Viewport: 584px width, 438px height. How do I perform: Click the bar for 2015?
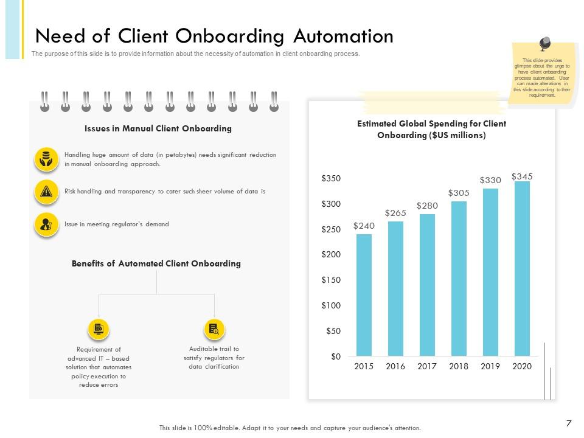tap(364, 295)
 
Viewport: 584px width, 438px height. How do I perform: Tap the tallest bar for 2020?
tap(522, 268)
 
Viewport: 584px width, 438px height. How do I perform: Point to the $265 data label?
tap(395, 213)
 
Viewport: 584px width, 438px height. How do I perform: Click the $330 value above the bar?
tap(490, 180)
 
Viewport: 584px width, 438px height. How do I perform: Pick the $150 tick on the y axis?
tap(331, 280)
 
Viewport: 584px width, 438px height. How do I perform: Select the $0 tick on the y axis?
tap(336, 356)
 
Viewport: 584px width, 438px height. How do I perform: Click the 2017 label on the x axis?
tap(427, 366)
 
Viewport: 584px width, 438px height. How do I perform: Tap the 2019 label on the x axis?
tap(490, 366)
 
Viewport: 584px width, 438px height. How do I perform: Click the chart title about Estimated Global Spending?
tap(431, 129)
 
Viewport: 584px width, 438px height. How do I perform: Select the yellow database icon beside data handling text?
tap(46, 159)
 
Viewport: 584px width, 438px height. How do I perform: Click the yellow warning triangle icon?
tap(46, 192)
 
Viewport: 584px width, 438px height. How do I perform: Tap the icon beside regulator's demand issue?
tap(46, 224)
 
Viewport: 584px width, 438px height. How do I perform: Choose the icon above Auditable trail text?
tap(214, 329)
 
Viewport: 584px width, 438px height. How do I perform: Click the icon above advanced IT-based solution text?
tap(99, 329)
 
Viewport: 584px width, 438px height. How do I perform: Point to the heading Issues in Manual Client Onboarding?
tap(158, 128)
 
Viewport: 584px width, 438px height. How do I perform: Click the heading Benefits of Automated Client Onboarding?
tap(156, 263)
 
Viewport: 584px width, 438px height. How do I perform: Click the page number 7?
tap(568, 423)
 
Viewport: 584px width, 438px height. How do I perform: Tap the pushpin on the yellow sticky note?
tap(544, 44)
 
